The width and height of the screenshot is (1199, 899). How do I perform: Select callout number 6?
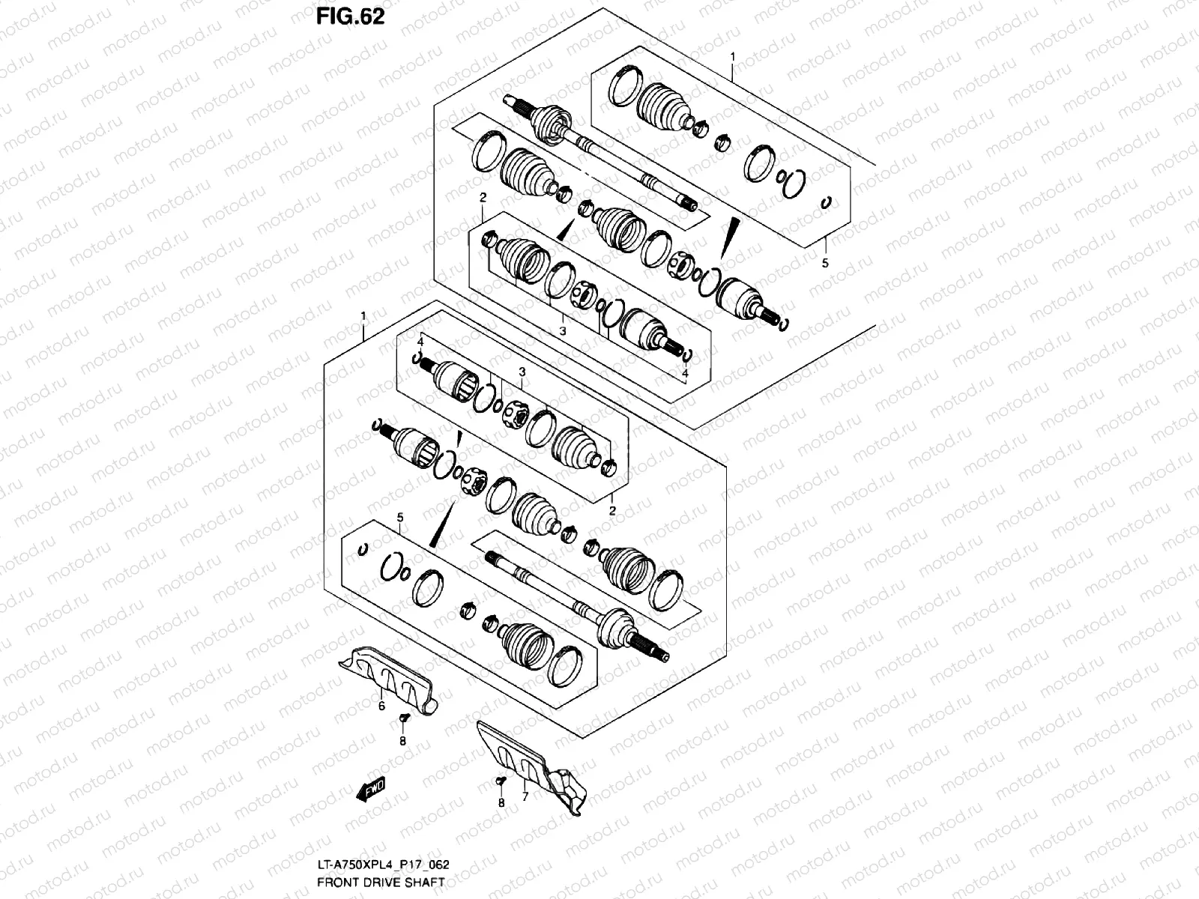381,706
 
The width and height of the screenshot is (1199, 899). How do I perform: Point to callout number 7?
525,797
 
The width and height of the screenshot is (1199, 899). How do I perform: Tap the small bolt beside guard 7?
501,781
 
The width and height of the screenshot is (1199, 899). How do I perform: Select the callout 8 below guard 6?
402,741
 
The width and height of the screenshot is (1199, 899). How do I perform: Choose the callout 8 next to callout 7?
501,803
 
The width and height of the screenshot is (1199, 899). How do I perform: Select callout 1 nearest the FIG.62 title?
733,57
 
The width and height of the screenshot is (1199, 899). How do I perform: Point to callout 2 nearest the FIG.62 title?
483,198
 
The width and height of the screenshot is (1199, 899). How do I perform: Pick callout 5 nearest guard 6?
400,518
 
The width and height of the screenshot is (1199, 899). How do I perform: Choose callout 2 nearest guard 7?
612,511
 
